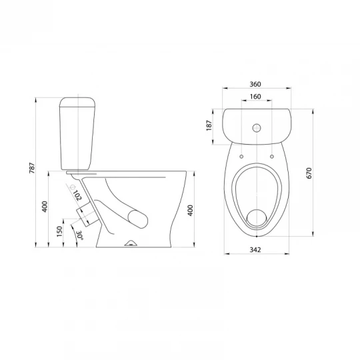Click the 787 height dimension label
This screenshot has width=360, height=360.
(x=32, y=168)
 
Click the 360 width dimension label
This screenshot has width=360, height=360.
(x=255, y=84)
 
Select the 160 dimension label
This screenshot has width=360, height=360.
(x=255, y=97)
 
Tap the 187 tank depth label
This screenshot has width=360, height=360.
(x=209, y=125)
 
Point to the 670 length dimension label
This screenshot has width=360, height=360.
(x=309, y=173)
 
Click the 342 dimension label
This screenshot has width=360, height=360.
(x=255, y=249)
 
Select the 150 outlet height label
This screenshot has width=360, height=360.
(x=59, y=231)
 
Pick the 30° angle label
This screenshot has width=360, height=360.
(x=79, y=235)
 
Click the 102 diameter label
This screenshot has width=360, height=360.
(x=77, y=195)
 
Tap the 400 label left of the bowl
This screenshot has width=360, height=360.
(x=45, y=207)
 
